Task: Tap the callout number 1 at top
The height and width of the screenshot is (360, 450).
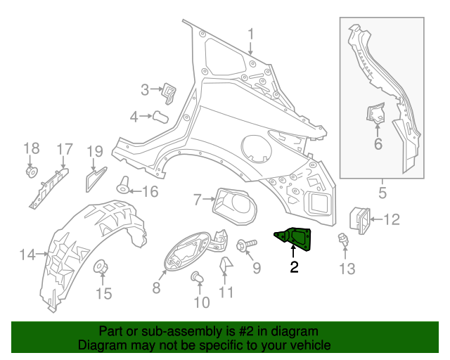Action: [250, 34]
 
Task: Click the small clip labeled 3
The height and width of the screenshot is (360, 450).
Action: [169, 92]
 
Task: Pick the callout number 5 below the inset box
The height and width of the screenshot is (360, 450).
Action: [382, 191]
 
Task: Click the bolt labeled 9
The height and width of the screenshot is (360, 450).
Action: [245, 245]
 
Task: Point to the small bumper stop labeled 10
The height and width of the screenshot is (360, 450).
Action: [198, 280]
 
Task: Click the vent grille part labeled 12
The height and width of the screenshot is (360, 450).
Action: [360, 219]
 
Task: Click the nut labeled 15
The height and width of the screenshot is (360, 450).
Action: [101, 267]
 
